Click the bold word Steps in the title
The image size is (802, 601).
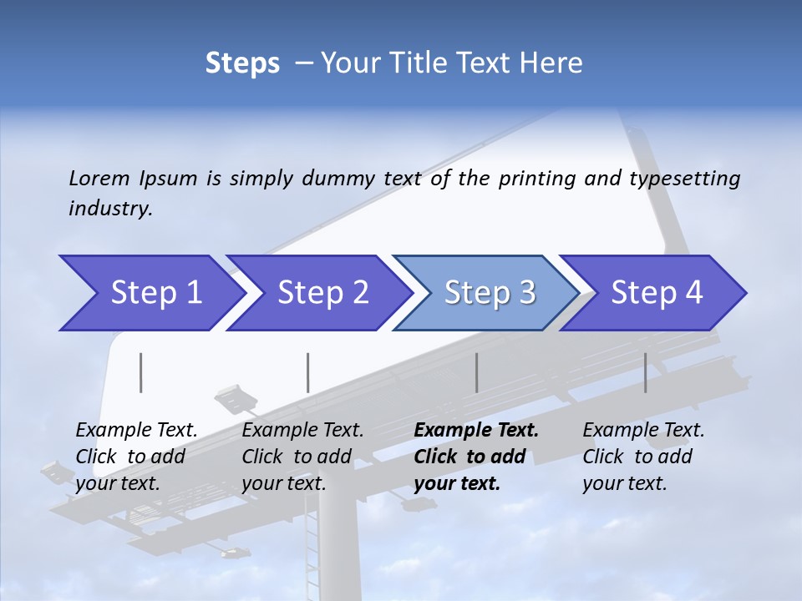(x=242, y=63)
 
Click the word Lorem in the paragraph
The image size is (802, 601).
(x=99, y=178)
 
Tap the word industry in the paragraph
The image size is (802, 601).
(x=109, y=209)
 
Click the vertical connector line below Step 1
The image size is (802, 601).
(x=141, y=372)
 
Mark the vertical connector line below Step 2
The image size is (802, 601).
(x=308, y=372)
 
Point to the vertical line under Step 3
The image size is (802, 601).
(x=477, y=372)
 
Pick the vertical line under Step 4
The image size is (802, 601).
(x=646, y=372)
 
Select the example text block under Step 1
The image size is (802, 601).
(x=136, y=457)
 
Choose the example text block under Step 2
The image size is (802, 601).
(x=302, y=457)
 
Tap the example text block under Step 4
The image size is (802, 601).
(x=643, y=457)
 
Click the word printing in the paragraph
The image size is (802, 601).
(x=536, y=178)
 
